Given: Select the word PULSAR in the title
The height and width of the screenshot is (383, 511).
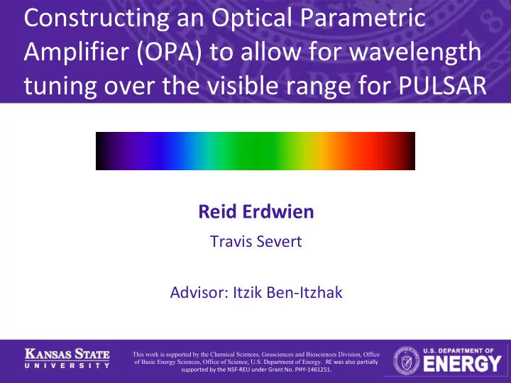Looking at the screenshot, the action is [x=443, y=85].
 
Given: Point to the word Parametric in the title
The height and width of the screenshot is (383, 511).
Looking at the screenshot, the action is [x=363, y=18].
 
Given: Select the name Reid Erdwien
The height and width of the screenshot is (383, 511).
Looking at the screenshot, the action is [x=256, y=211].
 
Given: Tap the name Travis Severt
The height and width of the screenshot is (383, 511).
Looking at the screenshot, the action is [x=256, y=241].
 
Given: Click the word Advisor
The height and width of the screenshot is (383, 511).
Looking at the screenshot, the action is [x=199, y=292].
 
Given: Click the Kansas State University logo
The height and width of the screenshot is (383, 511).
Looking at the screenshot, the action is [x=67, y=358].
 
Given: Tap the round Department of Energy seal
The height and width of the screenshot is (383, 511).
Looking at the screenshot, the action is [x=407, y=361].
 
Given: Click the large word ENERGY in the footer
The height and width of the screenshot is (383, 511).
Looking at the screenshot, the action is [x=462, y=364].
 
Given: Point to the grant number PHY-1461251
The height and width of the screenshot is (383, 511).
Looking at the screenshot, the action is [x=313, y=370].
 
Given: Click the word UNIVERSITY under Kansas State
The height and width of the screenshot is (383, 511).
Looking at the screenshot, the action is [x=67, y=365].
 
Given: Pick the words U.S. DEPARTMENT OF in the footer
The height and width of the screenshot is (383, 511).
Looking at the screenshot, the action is [x=458, y=351].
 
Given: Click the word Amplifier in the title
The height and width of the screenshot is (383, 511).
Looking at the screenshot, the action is [x=77, y=52].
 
